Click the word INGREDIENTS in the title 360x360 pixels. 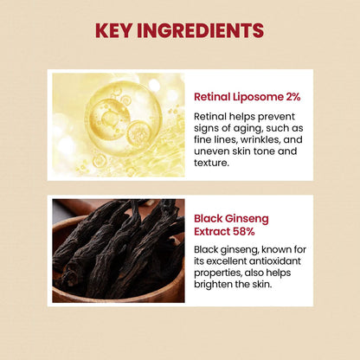(207, 31)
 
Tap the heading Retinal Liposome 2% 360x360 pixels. (247, 96)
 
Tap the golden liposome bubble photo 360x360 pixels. (119, 125)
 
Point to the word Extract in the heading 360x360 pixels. (215, 232)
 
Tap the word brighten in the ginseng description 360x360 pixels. (215, 286)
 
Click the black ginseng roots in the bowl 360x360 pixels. (119, 248)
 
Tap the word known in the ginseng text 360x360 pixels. (280, 249)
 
